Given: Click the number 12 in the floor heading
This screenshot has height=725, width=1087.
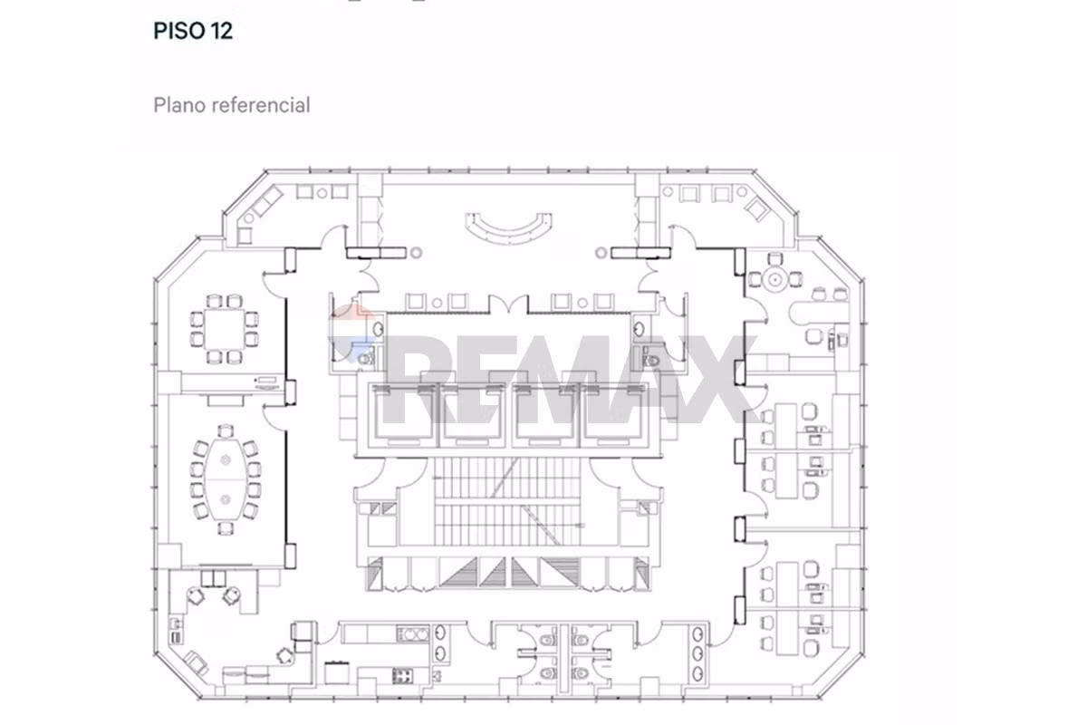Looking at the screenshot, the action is pyautogui.click(x=221, y=31).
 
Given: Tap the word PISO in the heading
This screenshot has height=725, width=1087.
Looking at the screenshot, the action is pyautogui.click(x=179, y=31).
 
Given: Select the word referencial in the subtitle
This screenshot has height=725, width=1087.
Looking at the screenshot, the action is pyautogui.click(x=261, y=105).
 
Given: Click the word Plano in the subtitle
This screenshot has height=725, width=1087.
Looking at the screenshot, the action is pyautogui.click(x=180, y=105).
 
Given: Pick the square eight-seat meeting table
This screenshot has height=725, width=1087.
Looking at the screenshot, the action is pyautogui.click(x=225, y=329).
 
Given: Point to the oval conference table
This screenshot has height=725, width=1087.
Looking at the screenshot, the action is pyautogui.click(x=226, y=479).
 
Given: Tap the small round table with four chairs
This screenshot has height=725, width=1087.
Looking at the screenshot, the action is pyautogui.click(x=775, y=280).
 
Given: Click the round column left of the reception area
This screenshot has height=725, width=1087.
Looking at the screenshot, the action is pyautogui.click(x=416, y=253).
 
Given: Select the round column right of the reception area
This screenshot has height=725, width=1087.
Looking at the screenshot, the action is pyautogui.click(x=601, y=253).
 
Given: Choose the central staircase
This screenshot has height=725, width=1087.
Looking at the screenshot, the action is pyautogui.click(x=507, y=501).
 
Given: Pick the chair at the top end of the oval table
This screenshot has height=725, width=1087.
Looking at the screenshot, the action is pyautogui.click(x=226, y=430).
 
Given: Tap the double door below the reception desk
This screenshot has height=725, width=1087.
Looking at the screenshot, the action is pyautogui.click(x=508, y=304).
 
